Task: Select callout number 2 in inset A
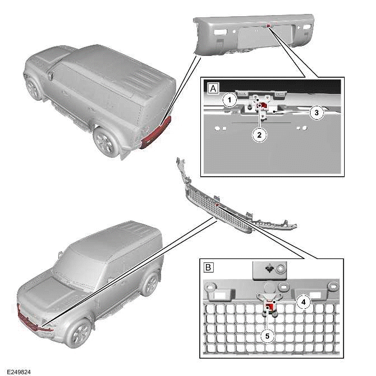260,134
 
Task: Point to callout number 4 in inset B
303,302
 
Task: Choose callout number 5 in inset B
267,336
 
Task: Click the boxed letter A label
211,88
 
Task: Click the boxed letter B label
208,267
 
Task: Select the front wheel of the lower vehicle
78,332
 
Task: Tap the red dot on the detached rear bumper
269,26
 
